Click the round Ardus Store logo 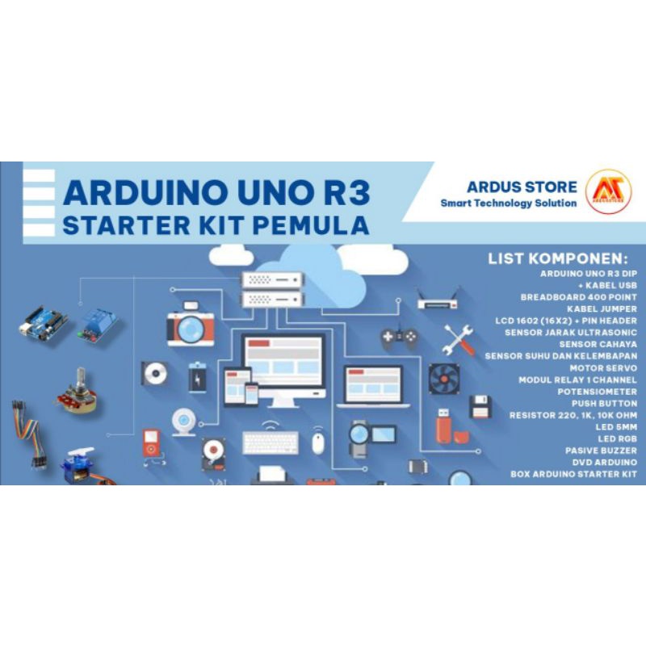pyautogui.click(x=609, y=192)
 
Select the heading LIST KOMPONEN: pyautogui.click(x=557, y=259)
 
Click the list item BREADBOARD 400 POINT pyautogui.click(x=579, y=296)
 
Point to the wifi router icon pyautogui.click(x=438, y=300)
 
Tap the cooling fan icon pyautogui.click(x=444, y=380)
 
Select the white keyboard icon pyautogui.click(x=270, y=443)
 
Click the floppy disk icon pyautogui.click(x=480, y=407)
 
